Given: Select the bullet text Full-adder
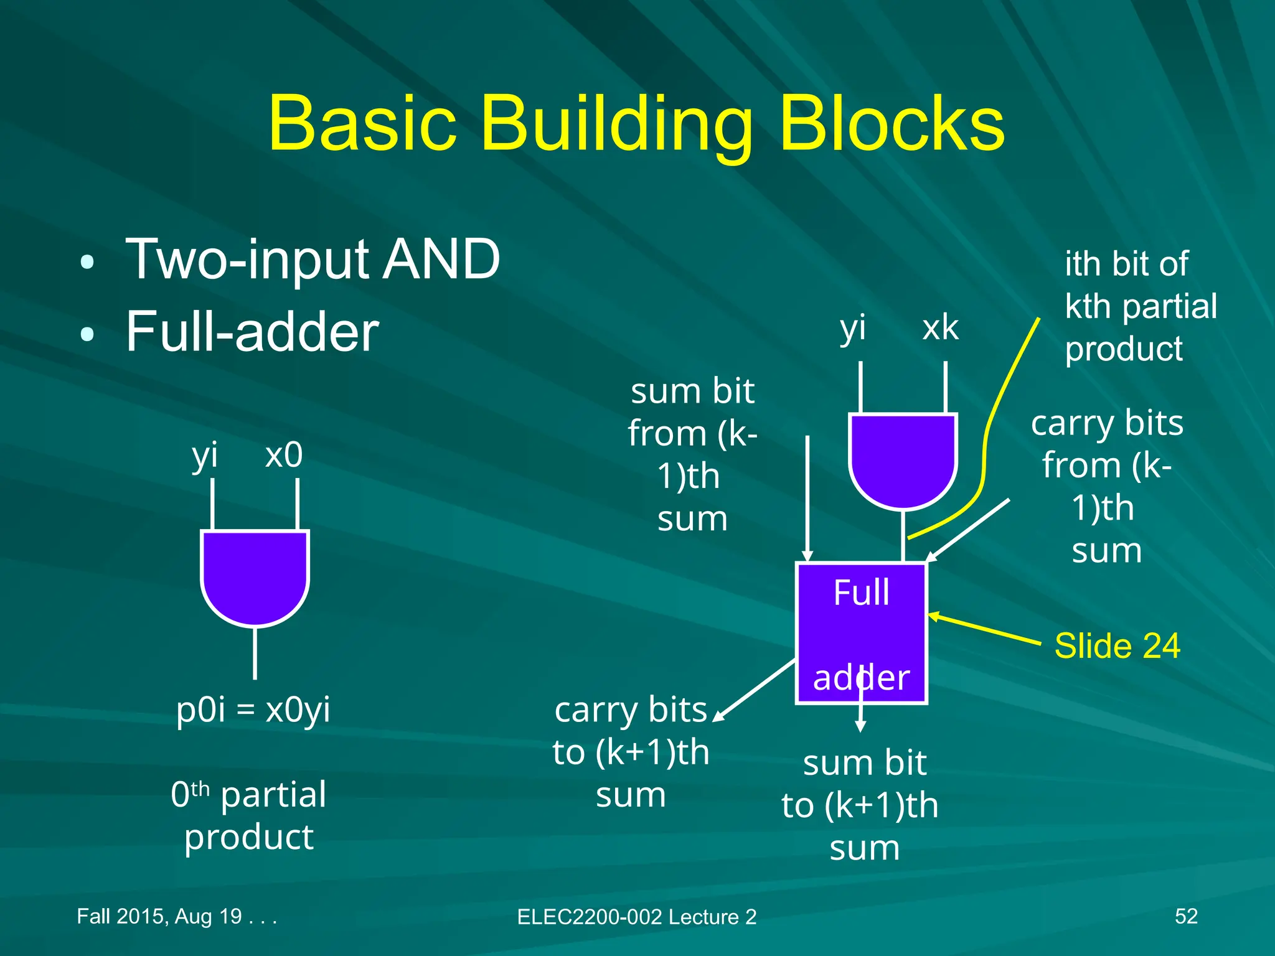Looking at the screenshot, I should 252,332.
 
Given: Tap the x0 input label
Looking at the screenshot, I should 284,454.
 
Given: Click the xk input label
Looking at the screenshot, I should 940,328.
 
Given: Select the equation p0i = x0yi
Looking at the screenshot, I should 253,709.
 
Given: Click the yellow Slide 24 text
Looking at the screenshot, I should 1117,645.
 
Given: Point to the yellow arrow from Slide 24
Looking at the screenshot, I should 984,629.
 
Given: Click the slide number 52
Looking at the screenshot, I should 1185,916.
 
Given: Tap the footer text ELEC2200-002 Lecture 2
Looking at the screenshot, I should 636,917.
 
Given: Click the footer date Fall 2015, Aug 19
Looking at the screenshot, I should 176,916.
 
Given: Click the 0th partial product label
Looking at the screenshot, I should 249,815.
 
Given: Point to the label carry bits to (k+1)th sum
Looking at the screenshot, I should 631,752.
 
